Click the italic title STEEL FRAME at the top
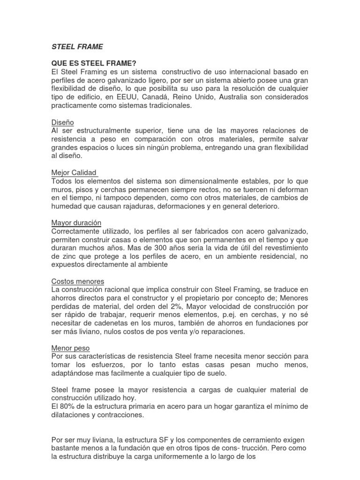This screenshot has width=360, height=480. pyautogui.click(x=77, y=47)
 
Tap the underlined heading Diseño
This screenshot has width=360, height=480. pyautogui.click(x=63, y=122)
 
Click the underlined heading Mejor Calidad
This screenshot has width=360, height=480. pyautogui.click(x=74, y=172)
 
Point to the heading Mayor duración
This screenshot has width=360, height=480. pyautogui.click(x=76, y=223)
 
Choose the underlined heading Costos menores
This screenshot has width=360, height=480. pyautogui.click(x=77, y=281)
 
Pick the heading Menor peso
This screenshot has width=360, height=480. pyautogui.click(x=70, y=348)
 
